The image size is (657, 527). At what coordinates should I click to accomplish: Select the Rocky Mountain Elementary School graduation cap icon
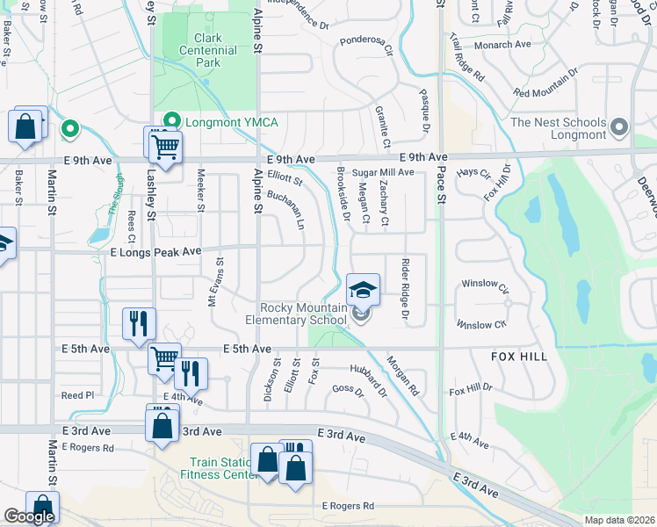(363, 289)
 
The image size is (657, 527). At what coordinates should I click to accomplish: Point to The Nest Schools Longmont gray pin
(621, 128)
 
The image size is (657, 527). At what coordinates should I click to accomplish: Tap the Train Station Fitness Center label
(220, 468)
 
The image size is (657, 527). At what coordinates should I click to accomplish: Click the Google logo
(29, 516)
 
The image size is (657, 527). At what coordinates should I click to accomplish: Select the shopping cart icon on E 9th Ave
(164, 146)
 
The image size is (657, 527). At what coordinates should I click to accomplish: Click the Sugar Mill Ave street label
(383, 173)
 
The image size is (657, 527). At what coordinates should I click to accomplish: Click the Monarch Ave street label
(502, 44)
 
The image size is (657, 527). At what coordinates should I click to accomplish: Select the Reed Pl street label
(77, 395)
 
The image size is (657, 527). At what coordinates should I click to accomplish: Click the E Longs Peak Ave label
(155, 251)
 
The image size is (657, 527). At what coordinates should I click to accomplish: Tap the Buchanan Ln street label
(285, 211)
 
